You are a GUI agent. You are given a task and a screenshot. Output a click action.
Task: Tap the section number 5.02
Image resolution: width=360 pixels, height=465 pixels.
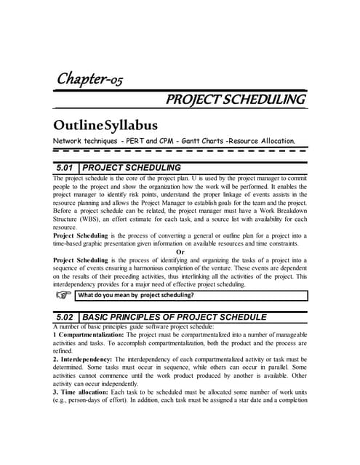click(62, 318)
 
